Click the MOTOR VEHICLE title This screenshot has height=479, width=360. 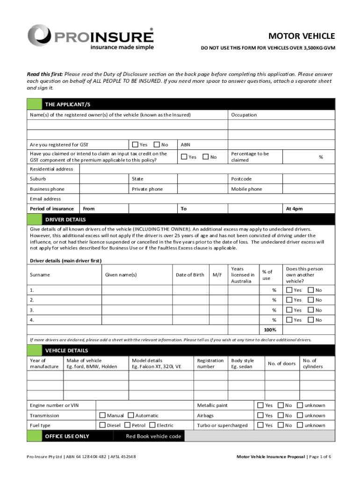click(x=301, y=36)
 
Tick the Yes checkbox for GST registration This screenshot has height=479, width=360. click(x=136, y=145)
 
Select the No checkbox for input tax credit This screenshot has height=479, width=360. click(x=205, y=157)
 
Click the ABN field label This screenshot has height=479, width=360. click(x=185, y=145)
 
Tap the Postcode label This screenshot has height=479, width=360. click(x=241, y=179)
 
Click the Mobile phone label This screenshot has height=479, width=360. click(x=246, y=189)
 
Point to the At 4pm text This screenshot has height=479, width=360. click(x=294, y=209)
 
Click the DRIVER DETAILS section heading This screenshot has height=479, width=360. click(x=65, y=219)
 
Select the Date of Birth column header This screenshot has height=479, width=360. click(x=190, y=275)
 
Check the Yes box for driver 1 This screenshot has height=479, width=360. click(x=289, y=290)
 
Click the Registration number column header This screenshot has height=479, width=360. click(x=210, y=363)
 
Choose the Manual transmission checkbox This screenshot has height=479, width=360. click(x=102, y=415)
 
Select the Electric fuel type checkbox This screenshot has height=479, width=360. click(x=152, y=425)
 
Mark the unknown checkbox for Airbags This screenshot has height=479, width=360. click(x=301, y=415)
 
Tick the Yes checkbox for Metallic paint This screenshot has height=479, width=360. click(x=260, y=405)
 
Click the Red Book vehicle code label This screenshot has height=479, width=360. click(x=153, y=436)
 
